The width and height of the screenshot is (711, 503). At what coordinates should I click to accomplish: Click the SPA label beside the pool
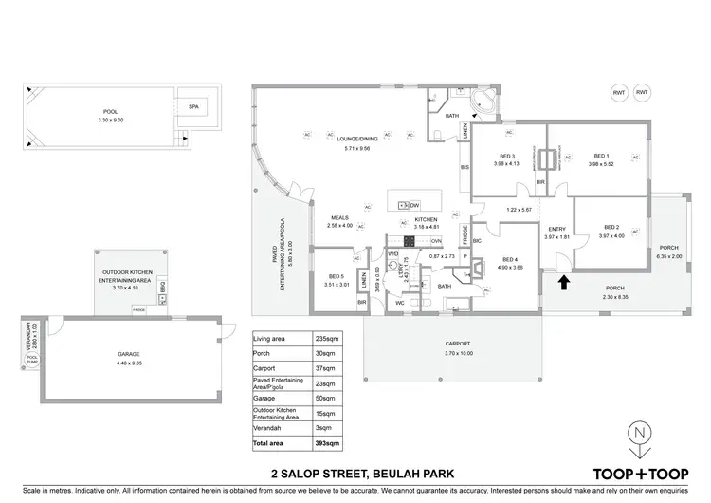click(x=193, y=107)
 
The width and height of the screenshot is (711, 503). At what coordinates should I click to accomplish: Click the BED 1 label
click(x=601, y=156)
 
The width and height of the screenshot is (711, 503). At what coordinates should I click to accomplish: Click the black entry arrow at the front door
click(x=565, y=282)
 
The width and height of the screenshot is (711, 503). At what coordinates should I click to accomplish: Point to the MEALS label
click(x=339, y=217)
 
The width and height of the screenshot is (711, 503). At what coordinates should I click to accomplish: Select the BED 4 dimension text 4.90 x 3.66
click(x=511, y=268)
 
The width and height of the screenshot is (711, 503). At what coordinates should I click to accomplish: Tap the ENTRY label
click(x=556, y=229)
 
